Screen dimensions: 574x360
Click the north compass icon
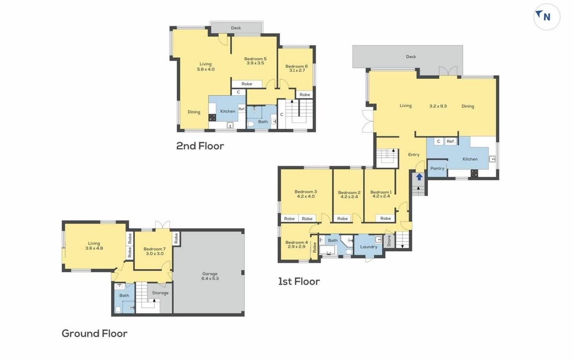(547, 17)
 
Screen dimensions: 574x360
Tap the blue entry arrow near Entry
(419, 177)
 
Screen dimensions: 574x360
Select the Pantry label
(437, 168)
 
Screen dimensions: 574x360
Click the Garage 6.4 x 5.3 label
(210, 276)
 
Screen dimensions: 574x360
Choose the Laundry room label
(369, 247)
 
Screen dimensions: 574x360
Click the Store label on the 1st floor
(389, 241)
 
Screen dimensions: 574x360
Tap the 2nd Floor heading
(200, 146)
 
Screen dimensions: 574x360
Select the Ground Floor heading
(94, 333)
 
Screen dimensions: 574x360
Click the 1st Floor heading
(299, 282)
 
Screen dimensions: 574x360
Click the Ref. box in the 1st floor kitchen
(450, 141)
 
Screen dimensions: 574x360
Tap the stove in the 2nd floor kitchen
(212, 117)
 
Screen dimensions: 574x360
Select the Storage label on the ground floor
(161, 293)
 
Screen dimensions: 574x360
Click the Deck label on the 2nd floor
(236, 28)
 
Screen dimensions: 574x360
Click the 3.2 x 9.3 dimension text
(438, 106)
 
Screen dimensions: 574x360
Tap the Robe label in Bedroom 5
(247, 84)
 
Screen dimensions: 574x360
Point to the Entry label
(413, 155)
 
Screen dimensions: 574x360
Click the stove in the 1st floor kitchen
(474, 173)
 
